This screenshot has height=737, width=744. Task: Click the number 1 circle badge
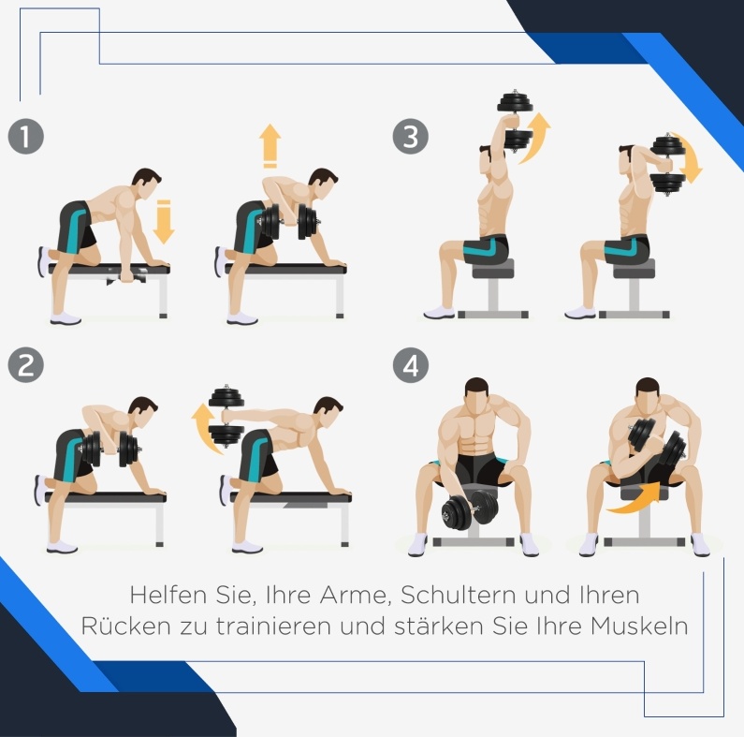pyautogui.click(x=26, y=137)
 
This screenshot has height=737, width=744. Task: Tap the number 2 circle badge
pyautogui.click(x=26, y=364)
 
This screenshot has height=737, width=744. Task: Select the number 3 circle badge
pyautogui.click(x=411, y=137)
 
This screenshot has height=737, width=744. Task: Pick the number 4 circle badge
pyautogui.click(x=411, y=364)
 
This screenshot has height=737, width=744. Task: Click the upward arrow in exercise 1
pyautogui.click(x=270, y=146)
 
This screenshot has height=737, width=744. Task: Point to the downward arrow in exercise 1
pyautogui.click(x=164, y=222)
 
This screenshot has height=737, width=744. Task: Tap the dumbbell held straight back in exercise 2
pyautogui.click(x=226, y=416)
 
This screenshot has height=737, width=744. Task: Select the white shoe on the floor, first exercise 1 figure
pyautogui.click(x=66, y=318)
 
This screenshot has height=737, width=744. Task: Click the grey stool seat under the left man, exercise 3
pyautogui.click(x=493, y=270)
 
